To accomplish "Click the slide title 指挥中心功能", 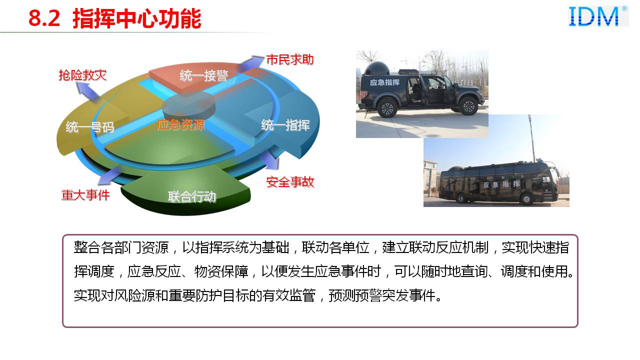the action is click(x=137, y=19).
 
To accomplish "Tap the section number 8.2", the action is click(x=44, y=19).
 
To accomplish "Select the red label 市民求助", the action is click(x=290, y=59).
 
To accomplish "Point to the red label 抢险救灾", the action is click(x=82, y=75).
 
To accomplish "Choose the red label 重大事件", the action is click(x=85, y=195).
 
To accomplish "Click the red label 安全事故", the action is click(x=290, y=182).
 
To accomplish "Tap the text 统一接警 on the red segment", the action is click(x=203, y=75).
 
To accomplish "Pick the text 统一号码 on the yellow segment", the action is click(x=90, y=127).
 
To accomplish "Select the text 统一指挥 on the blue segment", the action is click(x=285, y=125).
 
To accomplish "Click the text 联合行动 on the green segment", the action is click(x=192, y=197).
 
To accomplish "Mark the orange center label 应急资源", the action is click(x=181, y=125).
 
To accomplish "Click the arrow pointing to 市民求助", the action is click(x=251, y=63).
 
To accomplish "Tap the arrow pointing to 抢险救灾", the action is click(x=87, y=91).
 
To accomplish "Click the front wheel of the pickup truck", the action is click(x=468, y=105).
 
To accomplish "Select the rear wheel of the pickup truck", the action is click(x=387, y=108).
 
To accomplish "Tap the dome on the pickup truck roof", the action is click(x=377, y=68).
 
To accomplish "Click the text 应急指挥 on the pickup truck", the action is click(x=384, y=82).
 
